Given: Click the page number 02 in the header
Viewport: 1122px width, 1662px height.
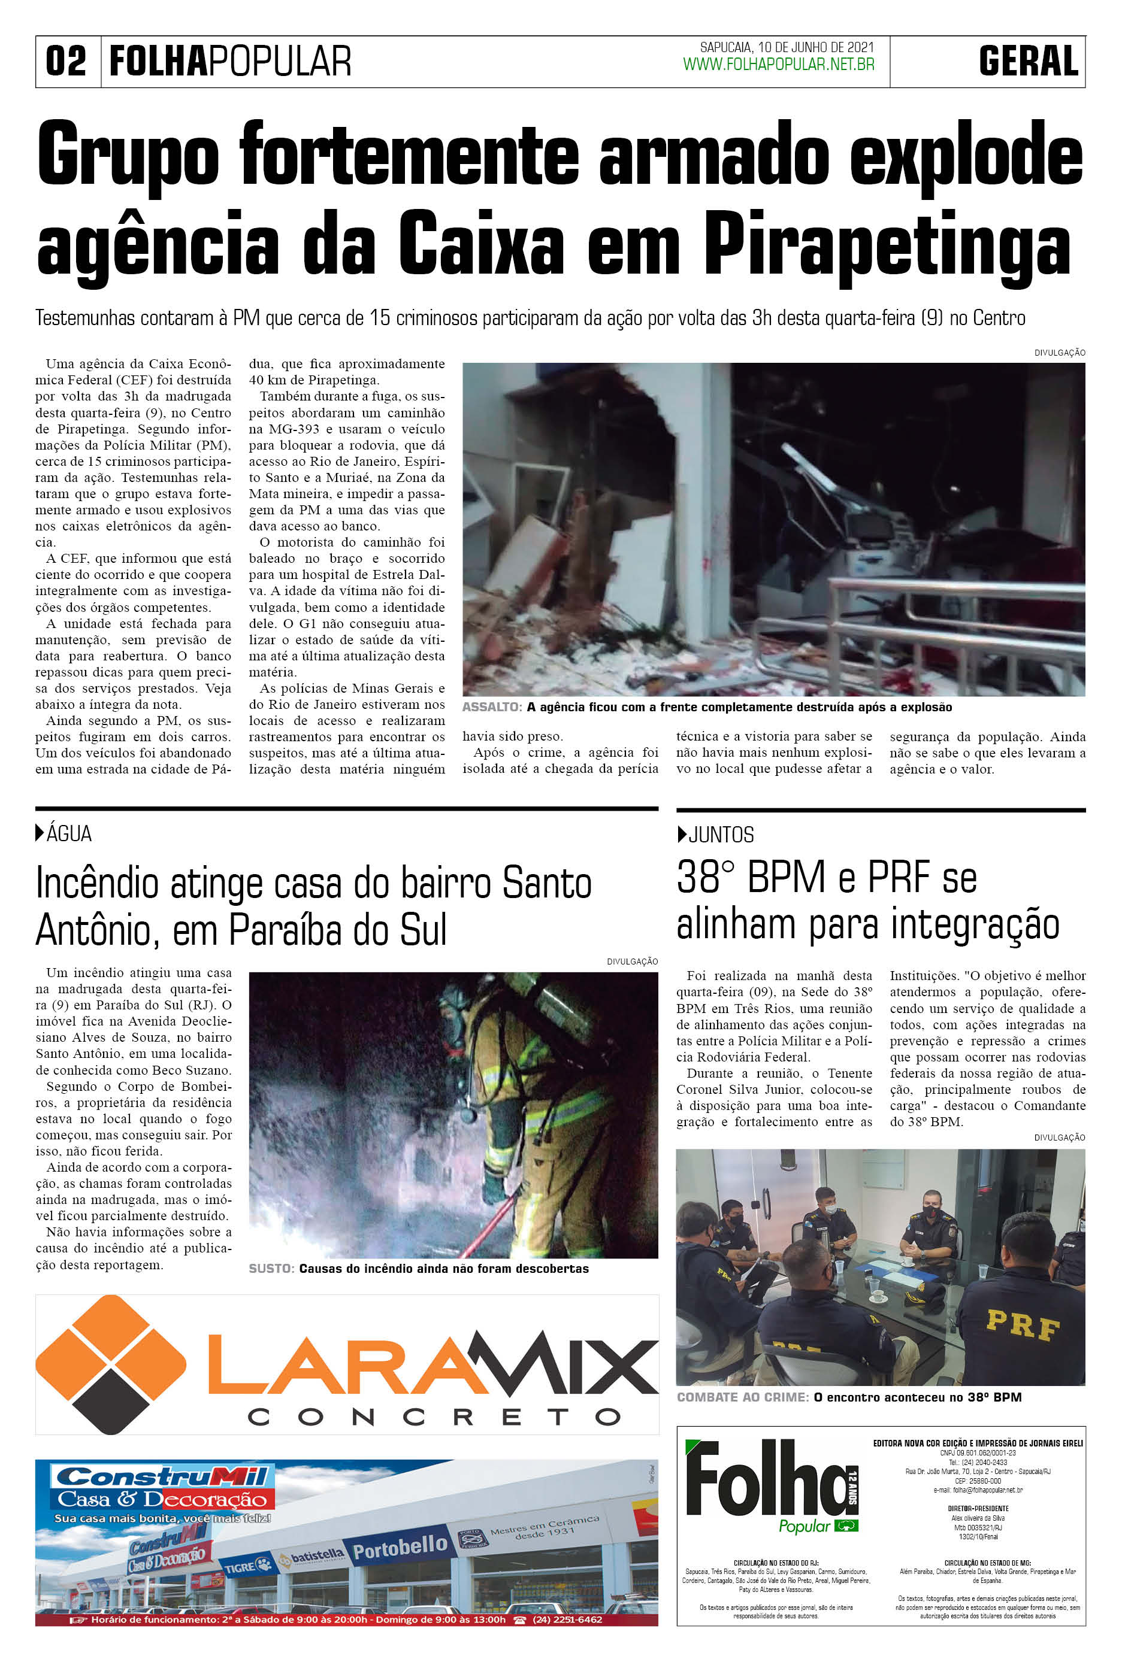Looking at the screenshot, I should tap(66, 62).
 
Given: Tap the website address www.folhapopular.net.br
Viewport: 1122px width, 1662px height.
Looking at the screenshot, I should tap(779, 65).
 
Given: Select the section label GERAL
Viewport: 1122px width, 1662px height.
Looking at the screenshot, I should tap(1029, 62).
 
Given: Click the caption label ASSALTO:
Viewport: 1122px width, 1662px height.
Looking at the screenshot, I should tap(492, 707).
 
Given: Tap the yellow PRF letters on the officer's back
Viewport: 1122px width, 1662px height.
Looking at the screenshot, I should tap(1023, 1325).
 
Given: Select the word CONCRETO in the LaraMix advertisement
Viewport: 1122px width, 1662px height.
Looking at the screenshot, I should tap(434, 1417).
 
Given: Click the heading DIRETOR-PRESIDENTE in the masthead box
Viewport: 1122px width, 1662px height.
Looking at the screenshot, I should tap(978, 1508).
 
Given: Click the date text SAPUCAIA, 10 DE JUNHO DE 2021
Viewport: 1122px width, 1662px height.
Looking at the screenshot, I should tap(787, 48).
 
